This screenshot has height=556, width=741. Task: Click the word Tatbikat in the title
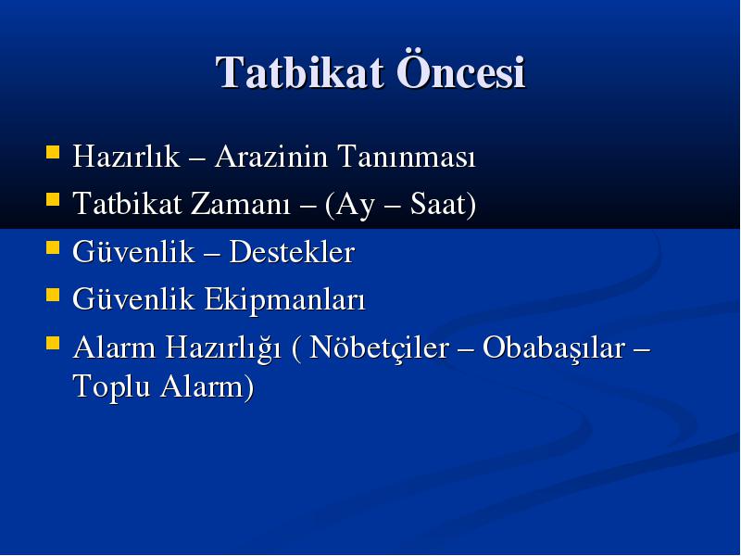pyautogui.click(x=299, y=72)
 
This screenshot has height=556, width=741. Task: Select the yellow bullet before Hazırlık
pyautogui.click(x=53, y=151)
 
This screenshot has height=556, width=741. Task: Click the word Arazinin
pyautogui.click(x=271, y=156)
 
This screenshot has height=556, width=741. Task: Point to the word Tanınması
pyautogui.click(x=407, y=156)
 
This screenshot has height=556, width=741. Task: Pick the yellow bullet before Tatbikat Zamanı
pyautogui.click(x=53, y=198)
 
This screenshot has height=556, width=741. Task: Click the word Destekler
pyautogui.click(x=292, y=251)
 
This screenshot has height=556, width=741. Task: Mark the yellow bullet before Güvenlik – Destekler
pyautogui.click(x=53, y=246)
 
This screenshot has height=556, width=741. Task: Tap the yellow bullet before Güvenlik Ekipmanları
pyautogui.click(x=53, y=295)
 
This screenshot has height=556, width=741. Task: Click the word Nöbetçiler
pyautogui.click(x=379, y=348)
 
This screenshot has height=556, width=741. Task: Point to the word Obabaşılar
pyautogui.click(x=553, y=348)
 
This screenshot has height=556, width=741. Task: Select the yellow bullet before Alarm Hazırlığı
pyautogui.click(x=53, y=342)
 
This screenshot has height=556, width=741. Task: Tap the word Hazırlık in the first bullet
pyautogui.click(x=126, y=156)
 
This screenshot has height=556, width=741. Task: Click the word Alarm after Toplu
pyautogui.click(x=203, y=385)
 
